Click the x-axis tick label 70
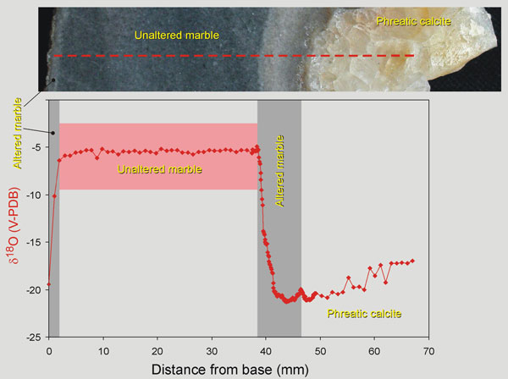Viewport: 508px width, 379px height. [x=428, y=351]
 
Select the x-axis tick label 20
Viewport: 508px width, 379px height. [x=157, y=351]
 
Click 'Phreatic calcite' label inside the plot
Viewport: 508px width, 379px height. [x=363, y=314]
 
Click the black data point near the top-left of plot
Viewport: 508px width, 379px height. [x=52, y=133]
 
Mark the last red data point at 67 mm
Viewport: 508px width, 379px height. [x=412, y=261]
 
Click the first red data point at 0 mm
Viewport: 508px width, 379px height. [x=49, y=284]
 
